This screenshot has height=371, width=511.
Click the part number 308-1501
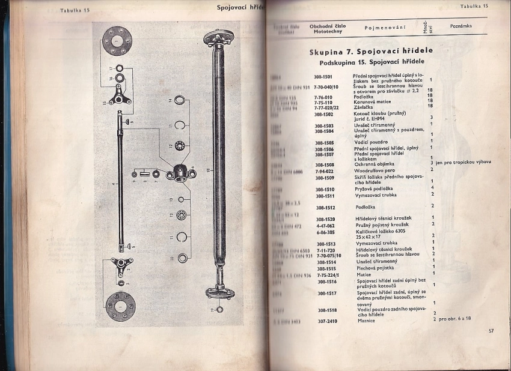click(x=323, y=77)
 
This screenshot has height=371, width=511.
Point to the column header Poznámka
click(x=461, y=26)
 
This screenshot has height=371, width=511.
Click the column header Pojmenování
click(x=385, y=28)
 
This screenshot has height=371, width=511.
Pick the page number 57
click(x=491, y=330)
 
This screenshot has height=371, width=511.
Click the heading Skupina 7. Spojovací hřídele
click(x=371, y=51)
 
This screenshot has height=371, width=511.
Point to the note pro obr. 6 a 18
click(x=454, y=319)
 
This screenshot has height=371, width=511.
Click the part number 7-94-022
click(x=325, y=170)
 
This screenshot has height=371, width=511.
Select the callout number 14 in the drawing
click(x=170, y=99)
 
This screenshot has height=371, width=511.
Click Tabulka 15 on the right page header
click(x=474, y=6)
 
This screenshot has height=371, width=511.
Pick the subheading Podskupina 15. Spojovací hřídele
click(x=372, y=62)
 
